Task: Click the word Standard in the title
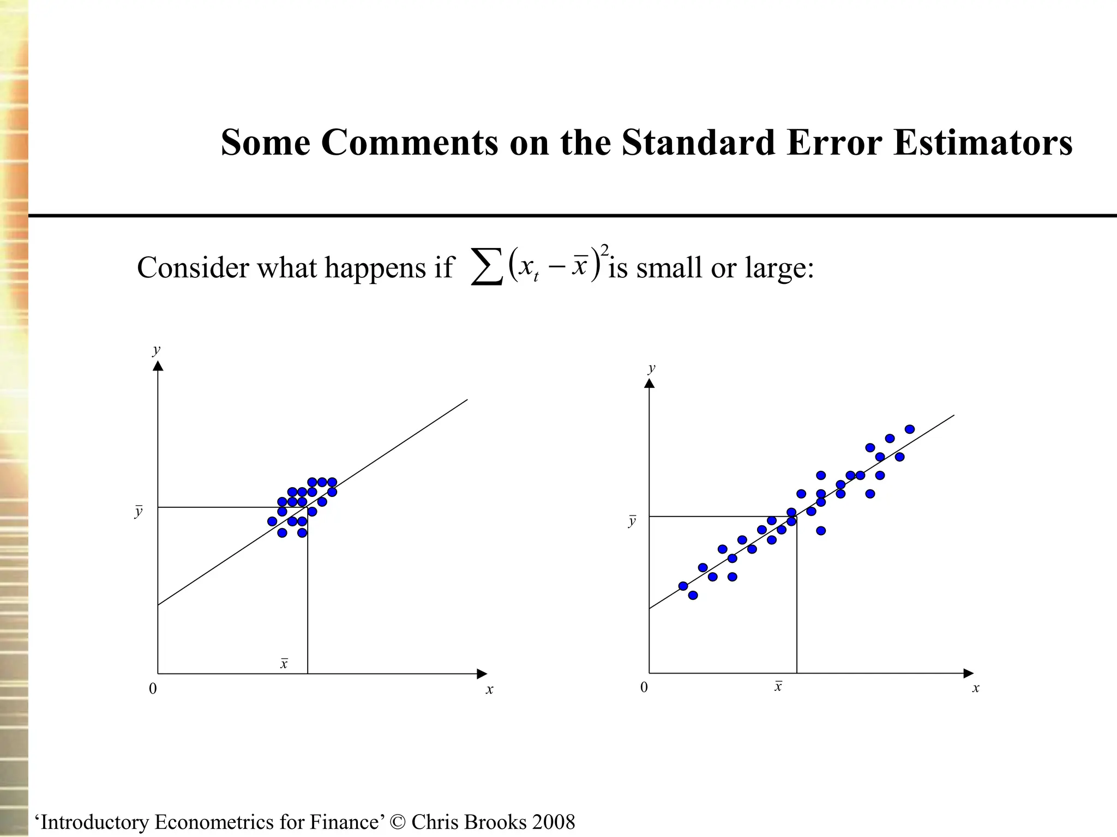click(x=698, y=143)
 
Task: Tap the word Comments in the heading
click(x=409, y=143)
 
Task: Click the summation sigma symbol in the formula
click(x=487, y=268)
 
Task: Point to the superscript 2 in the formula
click(x=604, y=250)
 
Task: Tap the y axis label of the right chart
click(x=651, y=368)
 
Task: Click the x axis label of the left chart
click(x=489, y=689)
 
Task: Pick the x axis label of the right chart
click(x=976, y=688)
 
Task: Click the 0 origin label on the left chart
click(x=153, y=689)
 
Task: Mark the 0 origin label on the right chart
click(x=644, y=687)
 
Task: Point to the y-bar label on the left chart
click(x=139, y=512)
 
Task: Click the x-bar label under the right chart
click(x=778, y=686)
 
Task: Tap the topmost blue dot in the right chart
click(x=909, y=429)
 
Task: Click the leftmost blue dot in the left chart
click(x=272, y=521)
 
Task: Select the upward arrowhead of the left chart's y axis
click(x=158, y=365)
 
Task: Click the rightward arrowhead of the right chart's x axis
click(x=968, y=673)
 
